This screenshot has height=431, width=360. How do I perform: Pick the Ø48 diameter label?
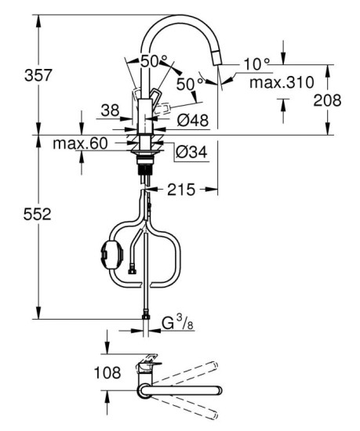(x=193, y=121)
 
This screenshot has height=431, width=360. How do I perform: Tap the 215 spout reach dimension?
(x=180, y=190)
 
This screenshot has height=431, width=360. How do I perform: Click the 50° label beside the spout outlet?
(x=186, y=83)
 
